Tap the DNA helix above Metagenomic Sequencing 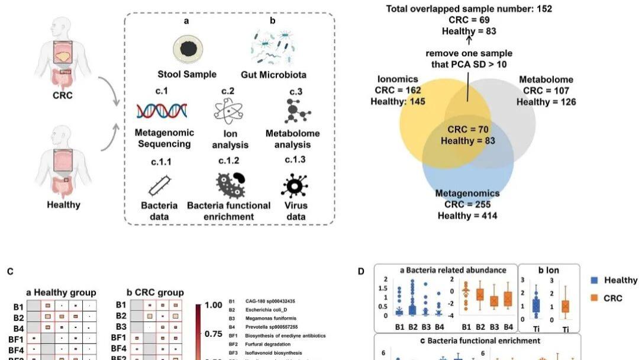[x=162, y=111]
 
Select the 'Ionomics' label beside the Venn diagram [x=398, y=79]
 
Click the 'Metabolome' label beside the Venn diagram [x=546, y=79]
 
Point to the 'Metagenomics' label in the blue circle [x=467, y=194]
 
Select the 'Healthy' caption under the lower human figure [x=63, y=205]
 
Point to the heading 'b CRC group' [x=155, y=292]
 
